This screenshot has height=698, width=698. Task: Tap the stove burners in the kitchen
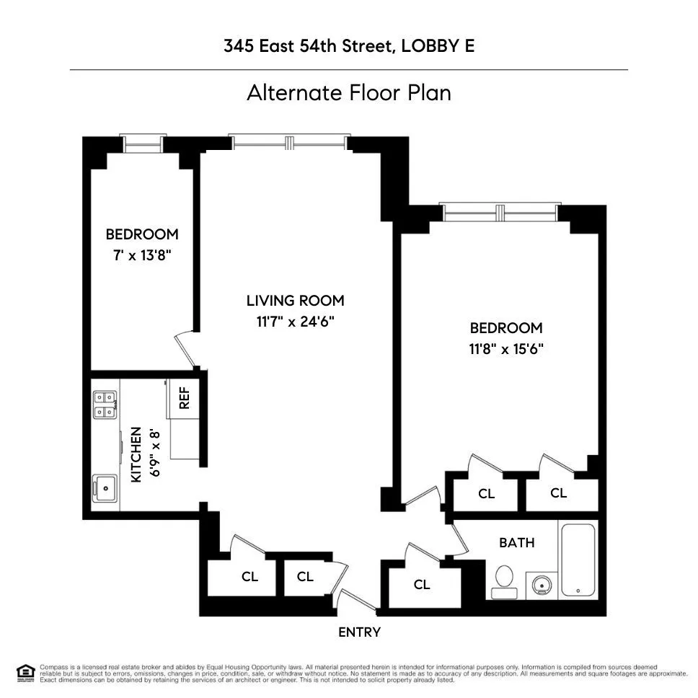[x=105, y=405]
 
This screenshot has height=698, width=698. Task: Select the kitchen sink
[x=105, y=488]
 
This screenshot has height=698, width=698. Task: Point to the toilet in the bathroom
[x=504, y=579]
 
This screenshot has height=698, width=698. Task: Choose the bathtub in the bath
[x=578, y=560]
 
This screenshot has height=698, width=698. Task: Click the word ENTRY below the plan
[x=359, y=632]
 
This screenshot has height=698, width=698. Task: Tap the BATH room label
[x=517, y=542]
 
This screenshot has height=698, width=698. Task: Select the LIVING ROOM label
[x=295, y=301]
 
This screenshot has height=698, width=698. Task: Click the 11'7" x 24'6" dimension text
[x=295, y=322]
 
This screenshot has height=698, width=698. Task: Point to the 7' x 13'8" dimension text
[x=141, y=255]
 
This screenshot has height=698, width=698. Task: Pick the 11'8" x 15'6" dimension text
[x=505, y=349]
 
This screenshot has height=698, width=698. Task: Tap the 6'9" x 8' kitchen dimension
[x=154, y=454]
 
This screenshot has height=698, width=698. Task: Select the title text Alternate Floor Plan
[x=348, y=93]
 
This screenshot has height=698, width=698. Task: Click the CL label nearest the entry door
[x=305, y=577]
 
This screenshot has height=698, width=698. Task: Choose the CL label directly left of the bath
[x=422, y=585]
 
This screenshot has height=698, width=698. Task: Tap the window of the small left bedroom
[x=142, y=144]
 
